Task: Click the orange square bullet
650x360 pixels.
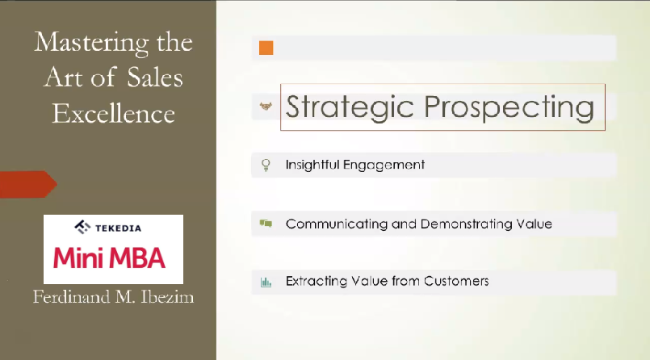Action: click(x=266, y=48)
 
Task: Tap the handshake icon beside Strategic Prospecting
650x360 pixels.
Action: click(x=266, y=107)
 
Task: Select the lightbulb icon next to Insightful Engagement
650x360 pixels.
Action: click(x=266, y=165)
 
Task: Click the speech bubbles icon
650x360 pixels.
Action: click(x=266, y=224)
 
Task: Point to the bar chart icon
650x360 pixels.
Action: click(x=266, y=283)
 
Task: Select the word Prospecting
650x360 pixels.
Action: click(x=509, y=107)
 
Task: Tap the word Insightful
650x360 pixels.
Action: click(x=312, y=165)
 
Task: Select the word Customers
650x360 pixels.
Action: click(x=456, y=281)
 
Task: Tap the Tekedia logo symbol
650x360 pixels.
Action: click(x=82, y=227)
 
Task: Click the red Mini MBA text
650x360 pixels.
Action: click(x=110, y=257)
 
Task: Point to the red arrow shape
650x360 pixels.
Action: click(x=28, y=184)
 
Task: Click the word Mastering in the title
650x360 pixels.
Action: click(x=91, y=43)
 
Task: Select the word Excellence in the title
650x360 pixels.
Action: click(x=113, y=114)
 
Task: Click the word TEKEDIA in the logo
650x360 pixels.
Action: click(x=118, y=228)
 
